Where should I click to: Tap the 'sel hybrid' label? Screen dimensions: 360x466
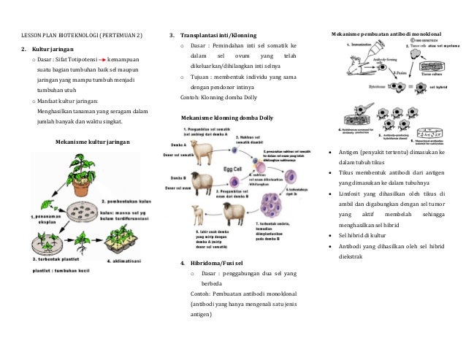point(438,86)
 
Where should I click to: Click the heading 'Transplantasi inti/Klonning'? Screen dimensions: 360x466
point(218,36)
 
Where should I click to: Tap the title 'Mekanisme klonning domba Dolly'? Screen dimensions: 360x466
point(227,118)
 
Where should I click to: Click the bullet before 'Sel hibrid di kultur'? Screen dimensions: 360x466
point(332,235)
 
